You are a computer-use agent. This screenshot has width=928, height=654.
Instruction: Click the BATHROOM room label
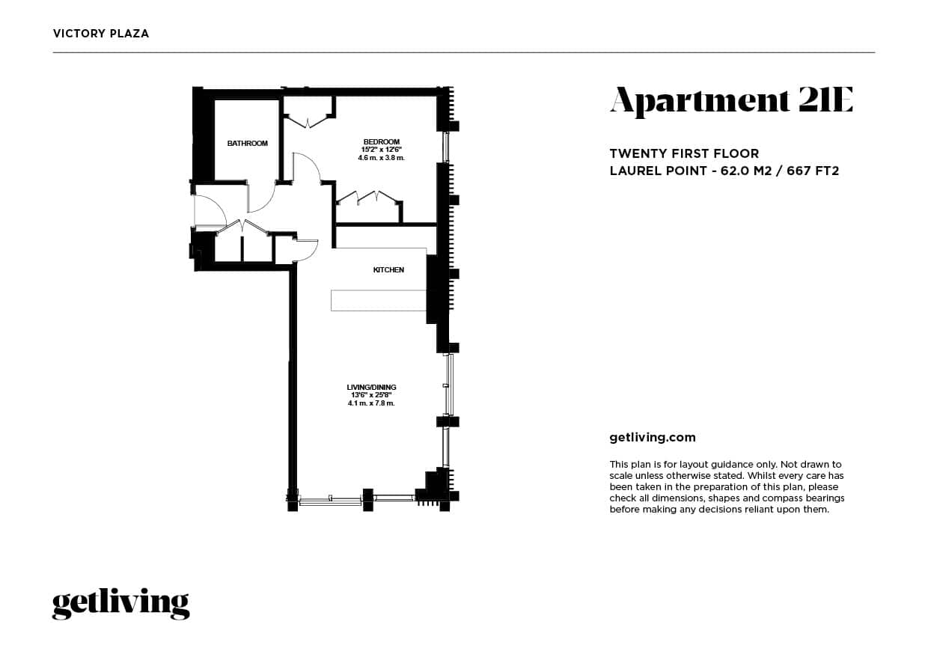(247, 143)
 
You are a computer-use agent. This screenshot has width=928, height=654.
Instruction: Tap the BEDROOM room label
(382, 141)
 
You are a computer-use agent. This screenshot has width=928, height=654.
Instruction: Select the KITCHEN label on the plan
(388, 270)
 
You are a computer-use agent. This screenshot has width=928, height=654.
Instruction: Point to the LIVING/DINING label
(371, 387)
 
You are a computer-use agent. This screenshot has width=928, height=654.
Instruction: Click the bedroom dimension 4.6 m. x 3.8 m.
(382, 158)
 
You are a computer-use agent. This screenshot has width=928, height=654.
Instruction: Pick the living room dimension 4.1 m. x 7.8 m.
(371, 403)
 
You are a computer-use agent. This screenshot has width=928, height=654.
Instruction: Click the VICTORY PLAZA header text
(101, 34)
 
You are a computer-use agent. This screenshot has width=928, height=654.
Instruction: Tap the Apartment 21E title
(731, 101)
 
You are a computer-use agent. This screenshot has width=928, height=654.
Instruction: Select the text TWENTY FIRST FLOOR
(684, 154)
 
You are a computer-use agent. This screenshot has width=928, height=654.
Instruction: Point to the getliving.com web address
(653, 438)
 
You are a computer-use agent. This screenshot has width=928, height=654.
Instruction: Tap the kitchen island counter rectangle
(379, 300)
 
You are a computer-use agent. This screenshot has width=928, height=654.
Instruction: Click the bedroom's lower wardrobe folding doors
(367, 198)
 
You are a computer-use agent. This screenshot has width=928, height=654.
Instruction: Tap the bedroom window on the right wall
(445, 147)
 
